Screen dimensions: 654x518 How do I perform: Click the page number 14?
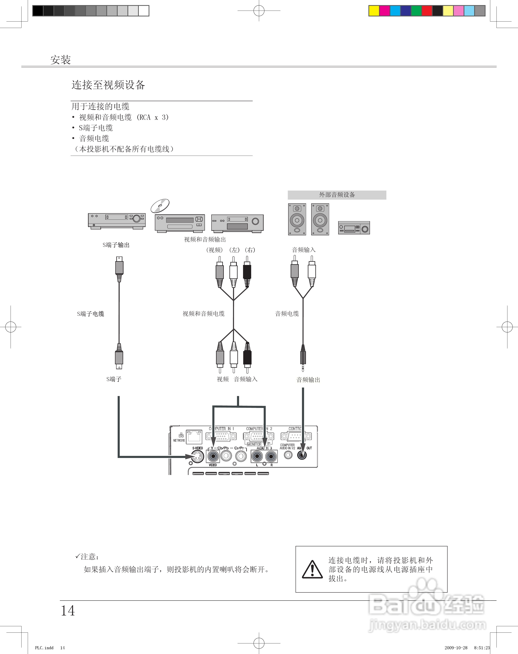point(68,611)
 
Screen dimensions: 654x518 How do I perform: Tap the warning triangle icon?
point(312,569)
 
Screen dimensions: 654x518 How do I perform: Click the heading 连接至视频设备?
point(108,85)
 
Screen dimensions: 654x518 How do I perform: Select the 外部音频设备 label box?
point(337,195)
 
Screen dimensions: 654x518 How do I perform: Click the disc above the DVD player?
point(160,206)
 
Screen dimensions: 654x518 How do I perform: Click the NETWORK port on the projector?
point(194,436)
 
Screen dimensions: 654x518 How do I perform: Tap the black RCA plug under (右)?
point(247,272)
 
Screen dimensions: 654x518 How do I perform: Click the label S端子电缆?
point(90,314)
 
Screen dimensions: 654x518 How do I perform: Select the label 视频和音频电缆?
point(204,314)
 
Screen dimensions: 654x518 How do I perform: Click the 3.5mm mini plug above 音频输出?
point(303,358)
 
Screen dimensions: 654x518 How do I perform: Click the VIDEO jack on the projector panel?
point(213,456)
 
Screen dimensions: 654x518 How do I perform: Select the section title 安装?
point(61,60)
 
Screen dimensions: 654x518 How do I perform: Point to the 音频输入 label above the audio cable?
point(304,250)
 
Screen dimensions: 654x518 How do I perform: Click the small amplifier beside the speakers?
point(354,228)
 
